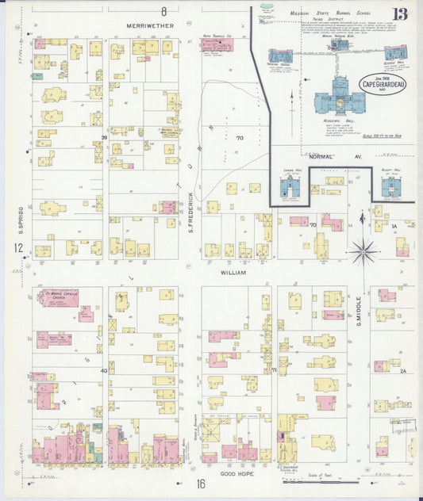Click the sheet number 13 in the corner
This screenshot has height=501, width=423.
click(400, 14)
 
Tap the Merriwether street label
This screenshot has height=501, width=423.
click(148, 26)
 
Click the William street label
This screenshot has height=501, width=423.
click(234, 272)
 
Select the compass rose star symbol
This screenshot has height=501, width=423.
click(363, 251)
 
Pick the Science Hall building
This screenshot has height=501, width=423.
click(394, 52)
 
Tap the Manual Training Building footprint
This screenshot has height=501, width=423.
click(339, 45)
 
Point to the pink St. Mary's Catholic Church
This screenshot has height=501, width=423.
click(56, 297)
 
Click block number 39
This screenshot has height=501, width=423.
click(104, 138)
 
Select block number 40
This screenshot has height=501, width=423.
click(104, 370)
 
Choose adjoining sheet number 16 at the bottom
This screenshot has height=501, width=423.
click(201, 484)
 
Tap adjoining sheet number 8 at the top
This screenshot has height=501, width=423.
click(164, 11)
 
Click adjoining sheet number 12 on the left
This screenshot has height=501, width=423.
click(17, 248)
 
